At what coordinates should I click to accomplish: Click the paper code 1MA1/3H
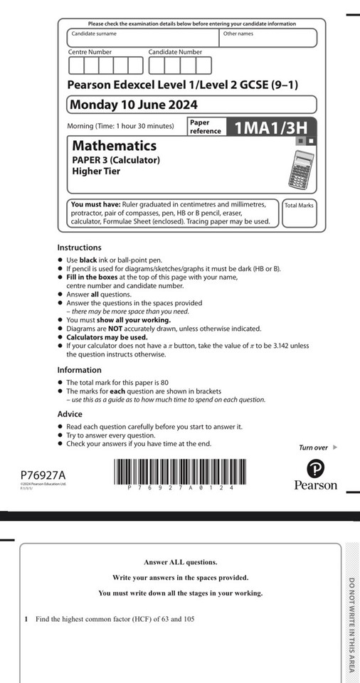271,127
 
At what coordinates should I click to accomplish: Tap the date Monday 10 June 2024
133,105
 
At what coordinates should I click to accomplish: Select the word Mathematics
114,146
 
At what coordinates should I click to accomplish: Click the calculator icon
302,167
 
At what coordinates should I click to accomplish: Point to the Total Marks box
299,213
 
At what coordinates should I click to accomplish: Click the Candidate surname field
142,38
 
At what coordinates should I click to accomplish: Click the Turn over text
314,448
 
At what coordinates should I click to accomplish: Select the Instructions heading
79,248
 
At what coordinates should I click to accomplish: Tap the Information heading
79,370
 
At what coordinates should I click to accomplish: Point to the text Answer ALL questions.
180,562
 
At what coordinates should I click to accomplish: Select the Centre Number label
90,52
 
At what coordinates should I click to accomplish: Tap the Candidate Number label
175,52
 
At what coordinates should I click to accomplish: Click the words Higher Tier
96,171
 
